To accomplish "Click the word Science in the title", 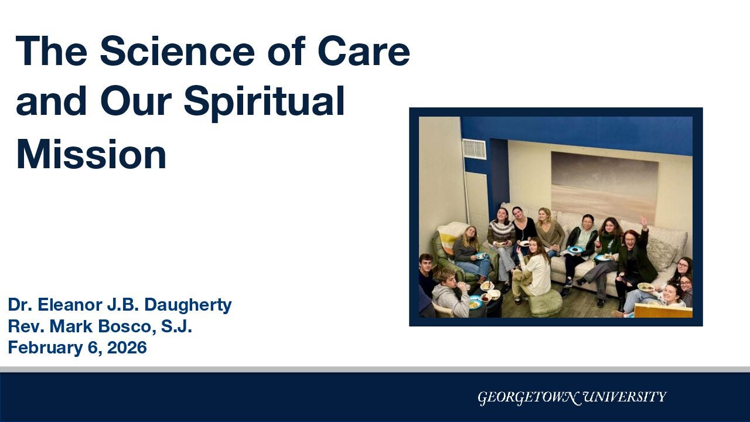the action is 178,52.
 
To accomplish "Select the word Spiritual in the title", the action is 264,102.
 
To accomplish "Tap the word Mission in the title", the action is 91,155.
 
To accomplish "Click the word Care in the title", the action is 364,52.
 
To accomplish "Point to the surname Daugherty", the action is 188,305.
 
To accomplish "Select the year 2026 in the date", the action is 127,348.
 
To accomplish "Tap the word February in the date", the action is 45,348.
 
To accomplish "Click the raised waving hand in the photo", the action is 643,222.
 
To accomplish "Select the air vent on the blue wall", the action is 474,149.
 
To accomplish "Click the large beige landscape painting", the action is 605,187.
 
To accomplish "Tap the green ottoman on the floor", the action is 544,304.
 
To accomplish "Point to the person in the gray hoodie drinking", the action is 451,294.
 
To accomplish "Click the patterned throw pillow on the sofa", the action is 662,253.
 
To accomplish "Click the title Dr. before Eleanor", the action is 20,305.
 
